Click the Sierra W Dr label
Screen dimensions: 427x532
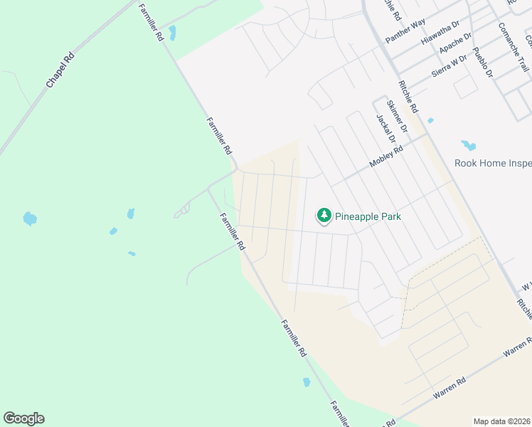click(449, 65)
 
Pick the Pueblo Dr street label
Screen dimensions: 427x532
click(483, 63)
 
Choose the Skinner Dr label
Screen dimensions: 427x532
click(398, 115)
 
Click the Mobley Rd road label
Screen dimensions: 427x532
click(386, 157)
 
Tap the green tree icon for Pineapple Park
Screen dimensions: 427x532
click(324, 215)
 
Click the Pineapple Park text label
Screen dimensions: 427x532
click(369, 216)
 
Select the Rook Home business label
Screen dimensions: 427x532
click(493, 163)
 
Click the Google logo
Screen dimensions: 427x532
click(23, 418)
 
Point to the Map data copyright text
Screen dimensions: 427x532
click(501, 421)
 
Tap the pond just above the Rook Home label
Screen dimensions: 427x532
click(468, 146)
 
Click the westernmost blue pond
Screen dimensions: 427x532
click(29, 218)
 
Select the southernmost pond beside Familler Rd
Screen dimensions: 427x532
click(307, 382)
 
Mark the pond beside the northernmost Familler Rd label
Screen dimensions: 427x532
click(172, 33)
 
